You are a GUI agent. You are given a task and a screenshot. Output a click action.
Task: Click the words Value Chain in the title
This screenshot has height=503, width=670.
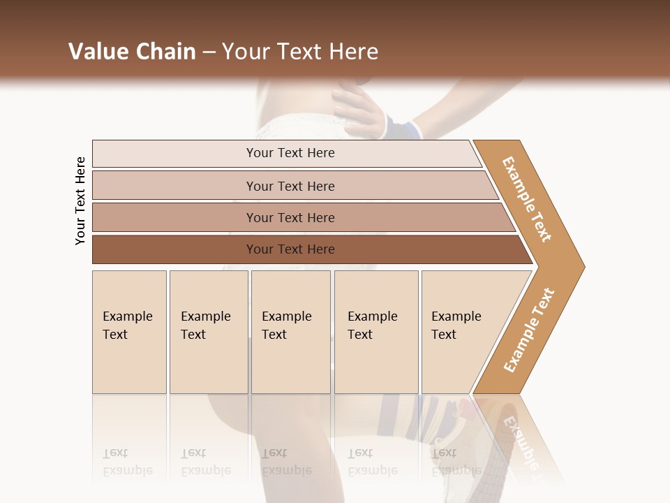pyautogui.click(x=132, y=52)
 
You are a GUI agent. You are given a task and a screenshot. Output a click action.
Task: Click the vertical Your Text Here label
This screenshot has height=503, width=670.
pyautogui.click(x=80, y=201)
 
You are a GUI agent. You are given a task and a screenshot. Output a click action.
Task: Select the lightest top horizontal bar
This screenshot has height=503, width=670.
pyautogui.click(x=290, y=153)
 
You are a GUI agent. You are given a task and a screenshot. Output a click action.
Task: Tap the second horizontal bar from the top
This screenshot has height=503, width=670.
pyautogui.click(x=290, y=186)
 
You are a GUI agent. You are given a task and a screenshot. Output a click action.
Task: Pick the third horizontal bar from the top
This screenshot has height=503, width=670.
pyautogui.click(x=290, y=217)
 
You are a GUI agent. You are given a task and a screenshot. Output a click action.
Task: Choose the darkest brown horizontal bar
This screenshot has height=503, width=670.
pyautogui.click(x=290, y=249)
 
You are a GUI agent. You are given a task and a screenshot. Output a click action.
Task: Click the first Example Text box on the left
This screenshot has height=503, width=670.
pyautogui.click(x=129, y=332)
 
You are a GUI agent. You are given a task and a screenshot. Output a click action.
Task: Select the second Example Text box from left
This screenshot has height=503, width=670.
pyautogui.click(x=208, y=332)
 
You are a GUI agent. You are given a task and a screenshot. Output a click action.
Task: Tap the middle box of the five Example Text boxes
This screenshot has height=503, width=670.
pyautogui.click(x=290, y=332)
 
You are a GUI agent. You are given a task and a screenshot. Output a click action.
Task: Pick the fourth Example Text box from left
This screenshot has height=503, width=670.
pyautogui.click(x=375, y=332)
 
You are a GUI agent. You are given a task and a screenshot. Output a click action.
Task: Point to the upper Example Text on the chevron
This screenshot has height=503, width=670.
pyautogui.click(x=527, y=199)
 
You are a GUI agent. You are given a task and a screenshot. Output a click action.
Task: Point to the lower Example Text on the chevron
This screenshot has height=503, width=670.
pyautogui.click(x=528, y=330)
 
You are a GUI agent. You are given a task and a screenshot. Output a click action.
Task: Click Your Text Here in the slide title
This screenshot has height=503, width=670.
pyautogui.click(x=300, y=52)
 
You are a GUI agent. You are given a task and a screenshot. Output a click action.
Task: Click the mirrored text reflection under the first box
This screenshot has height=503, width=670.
pyautogui.click(x=128, y=462)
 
